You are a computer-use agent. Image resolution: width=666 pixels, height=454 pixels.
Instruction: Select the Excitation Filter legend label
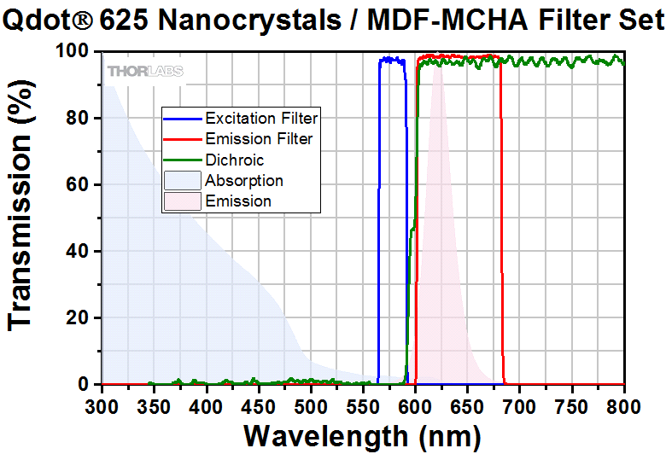tap(261, 119)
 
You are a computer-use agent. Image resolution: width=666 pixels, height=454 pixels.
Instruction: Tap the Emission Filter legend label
tap(259, 139)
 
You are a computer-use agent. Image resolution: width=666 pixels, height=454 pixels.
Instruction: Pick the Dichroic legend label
tap(235, 160)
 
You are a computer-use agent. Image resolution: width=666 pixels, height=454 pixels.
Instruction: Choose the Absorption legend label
tap(244, 180)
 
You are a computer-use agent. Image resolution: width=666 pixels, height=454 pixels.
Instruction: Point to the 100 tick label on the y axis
tap(72, 53)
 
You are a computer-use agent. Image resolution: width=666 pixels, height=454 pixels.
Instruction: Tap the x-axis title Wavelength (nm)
tap(363, 434)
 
